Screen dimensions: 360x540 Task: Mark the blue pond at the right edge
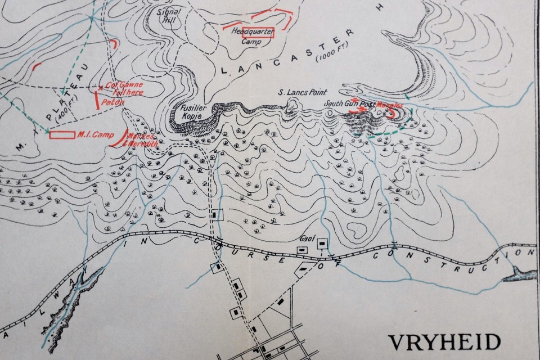(520, 274)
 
